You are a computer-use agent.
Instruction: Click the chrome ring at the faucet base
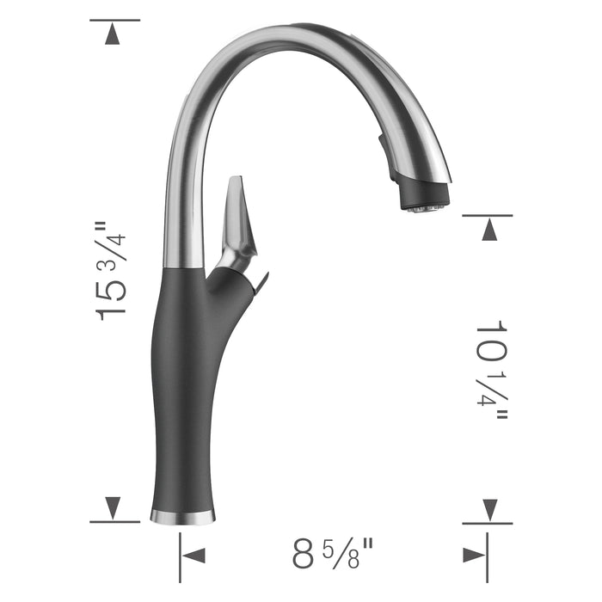click(182, 516)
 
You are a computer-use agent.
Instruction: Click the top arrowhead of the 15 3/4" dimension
click(113, 34)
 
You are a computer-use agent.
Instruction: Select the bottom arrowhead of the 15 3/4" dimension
click(113, 507)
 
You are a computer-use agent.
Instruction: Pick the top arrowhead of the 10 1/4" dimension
click(489, 230)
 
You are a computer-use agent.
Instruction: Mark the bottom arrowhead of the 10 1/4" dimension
click(489, 508)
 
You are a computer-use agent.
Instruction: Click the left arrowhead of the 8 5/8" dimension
click(194, 555)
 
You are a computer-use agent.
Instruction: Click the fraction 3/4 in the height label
click(113, 241)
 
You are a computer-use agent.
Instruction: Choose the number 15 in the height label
click(113, 297)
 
